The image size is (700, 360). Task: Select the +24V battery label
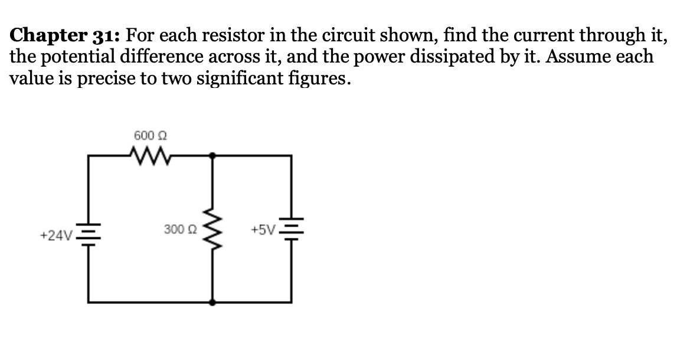(56, 235)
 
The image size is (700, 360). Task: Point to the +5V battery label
(263, 230)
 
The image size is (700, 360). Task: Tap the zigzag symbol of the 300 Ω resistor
(212, 228)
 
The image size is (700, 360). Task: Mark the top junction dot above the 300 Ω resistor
(212, 155)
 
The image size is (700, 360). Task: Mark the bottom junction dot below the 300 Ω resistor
(212, 302)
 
